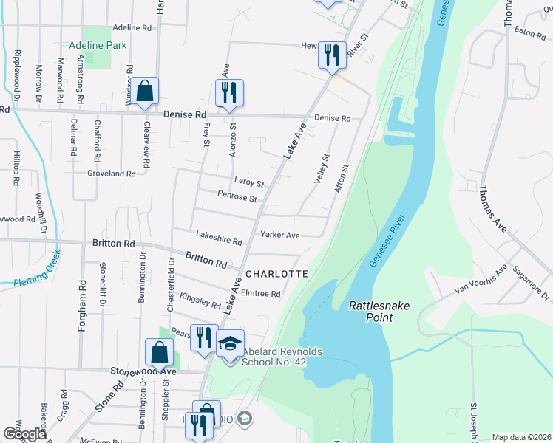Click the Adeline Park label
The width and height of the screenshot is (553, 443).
[98, 45]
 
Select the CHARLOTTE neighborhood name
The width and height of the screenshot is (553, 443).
[276, 273]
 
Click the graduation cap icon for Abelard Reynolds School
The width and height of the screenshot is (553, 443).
[231, 343]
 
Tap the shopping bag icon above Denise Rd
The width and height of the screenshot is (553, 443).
[146, 92]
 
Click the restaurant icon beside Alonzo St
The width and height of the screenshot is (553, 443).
[229, 92]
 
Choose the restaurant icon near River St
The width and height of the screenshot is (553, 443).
[331, 54]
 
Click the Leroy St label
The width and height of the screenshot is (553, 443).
[249, 182]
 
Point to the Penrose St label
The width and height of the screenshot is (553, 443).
[237, 198]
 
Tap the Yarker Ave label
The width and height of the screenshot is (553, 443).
[279, 235]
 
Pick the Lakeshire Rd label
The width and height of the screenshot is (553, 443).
[219, 238]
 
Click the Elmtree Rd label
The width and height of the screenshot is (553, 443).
[260, 293]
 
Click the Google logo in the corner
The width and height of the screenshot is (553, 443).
[24, 434]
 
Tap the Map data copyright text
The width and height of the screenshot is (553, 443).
[520, 437]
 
